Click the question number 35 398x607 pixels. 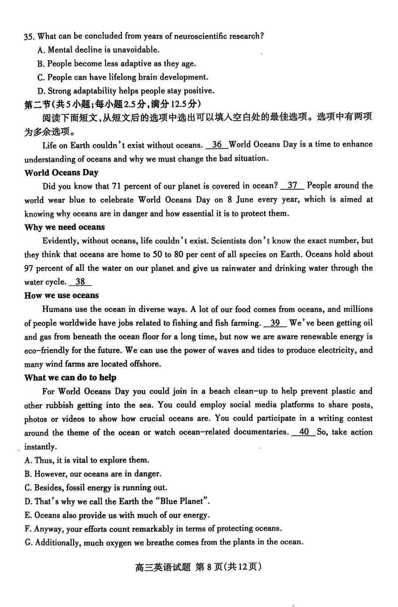point(29,36)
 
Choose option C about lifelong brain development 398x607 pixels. point(122,77)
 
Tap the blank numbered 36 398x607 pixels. point(216,145)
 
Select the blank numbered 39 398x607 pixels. point(275,323)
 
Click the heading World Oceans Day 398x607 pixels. point(61,172)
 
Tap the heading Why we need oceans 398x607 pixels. point(65,227)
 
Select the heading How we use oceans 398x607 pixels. point(62,296)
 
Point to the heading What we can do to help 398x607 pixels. point(70,378)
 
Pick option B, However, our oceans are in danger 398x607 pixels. point(93,473)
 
